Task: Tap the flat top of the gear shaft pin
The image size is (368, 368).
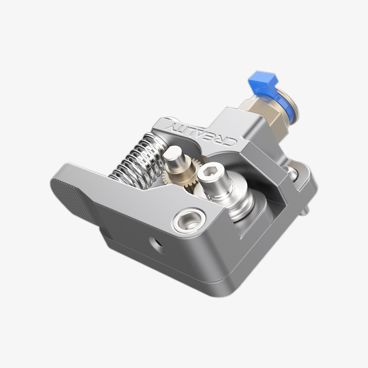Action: click(x=173, y=153)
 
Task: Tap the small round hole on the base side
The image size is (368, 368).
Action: click(x=155, y=244)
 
